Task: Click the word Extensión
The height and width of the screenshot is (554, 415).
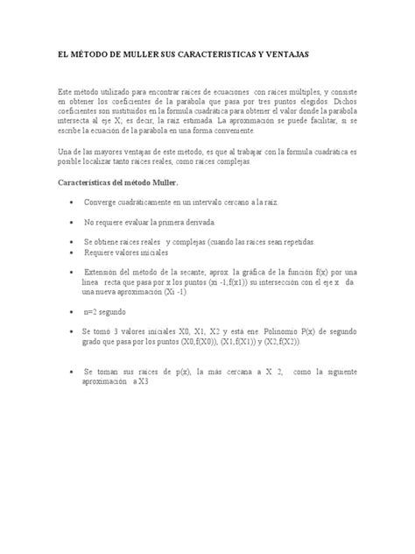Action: coord(106,273)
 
